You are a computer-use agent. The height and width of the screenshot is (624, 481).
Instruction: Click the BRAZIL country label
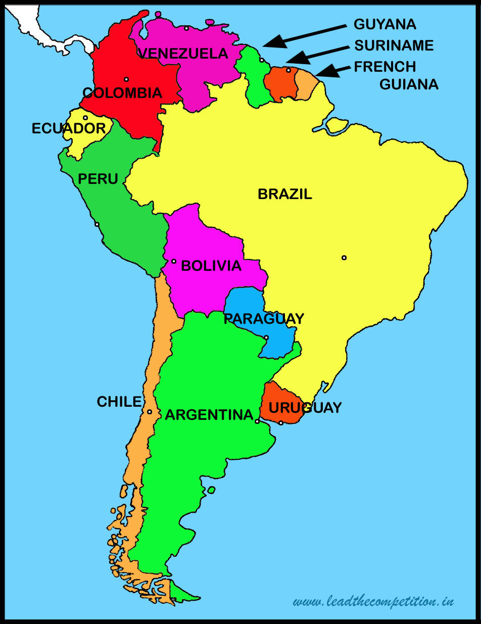click(285, 194)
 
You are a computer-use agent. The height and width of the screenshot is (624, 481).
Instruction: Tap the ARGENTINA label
click(209, 415)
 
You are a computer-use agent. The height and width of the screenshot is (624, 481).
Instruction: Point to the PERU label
click(98, 178)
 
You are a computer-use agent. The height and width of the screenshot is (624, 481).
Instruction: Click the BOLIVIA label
click(211, 266)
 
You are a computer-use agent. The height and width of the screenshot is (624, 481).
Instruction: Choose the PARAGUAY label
click(264, 319)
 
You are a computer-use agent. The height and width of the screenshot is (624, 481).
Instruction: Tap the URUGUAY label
click(305, 407)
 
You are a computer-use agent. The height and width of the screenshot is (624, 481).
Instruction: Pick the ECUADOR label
click(69, 128)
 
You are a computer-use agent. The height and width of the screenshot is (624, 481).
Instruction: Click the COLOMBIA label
click(122, 93)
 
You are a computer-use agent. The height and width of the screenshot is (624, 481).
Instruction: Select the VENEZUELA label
click(183, 53)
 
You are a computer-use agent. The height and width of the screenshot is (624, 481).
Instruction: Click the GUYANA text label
click(385, 24)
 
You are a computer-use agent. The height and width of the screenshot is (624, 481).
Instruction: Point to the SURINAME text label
click(394, 45)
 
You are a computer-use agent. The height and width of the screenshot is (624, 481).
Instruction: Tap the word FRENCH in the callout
click(385, 67)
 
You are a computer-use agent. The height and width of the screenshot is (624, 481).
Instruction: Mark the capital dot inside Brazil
click(344, 258)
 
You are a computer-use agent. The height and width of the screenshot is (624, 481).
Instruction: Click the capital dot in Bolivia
click(174, 261)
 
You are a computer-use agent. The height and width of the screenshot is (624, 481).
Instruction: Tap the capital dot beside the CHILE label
click(150, 412)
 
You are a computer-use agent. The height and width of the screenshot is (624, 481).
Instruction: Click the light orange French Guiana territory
click(305, 85)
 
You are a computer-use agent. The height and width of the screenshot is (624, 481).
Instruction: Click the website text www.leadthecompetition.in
click(373, 601)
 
